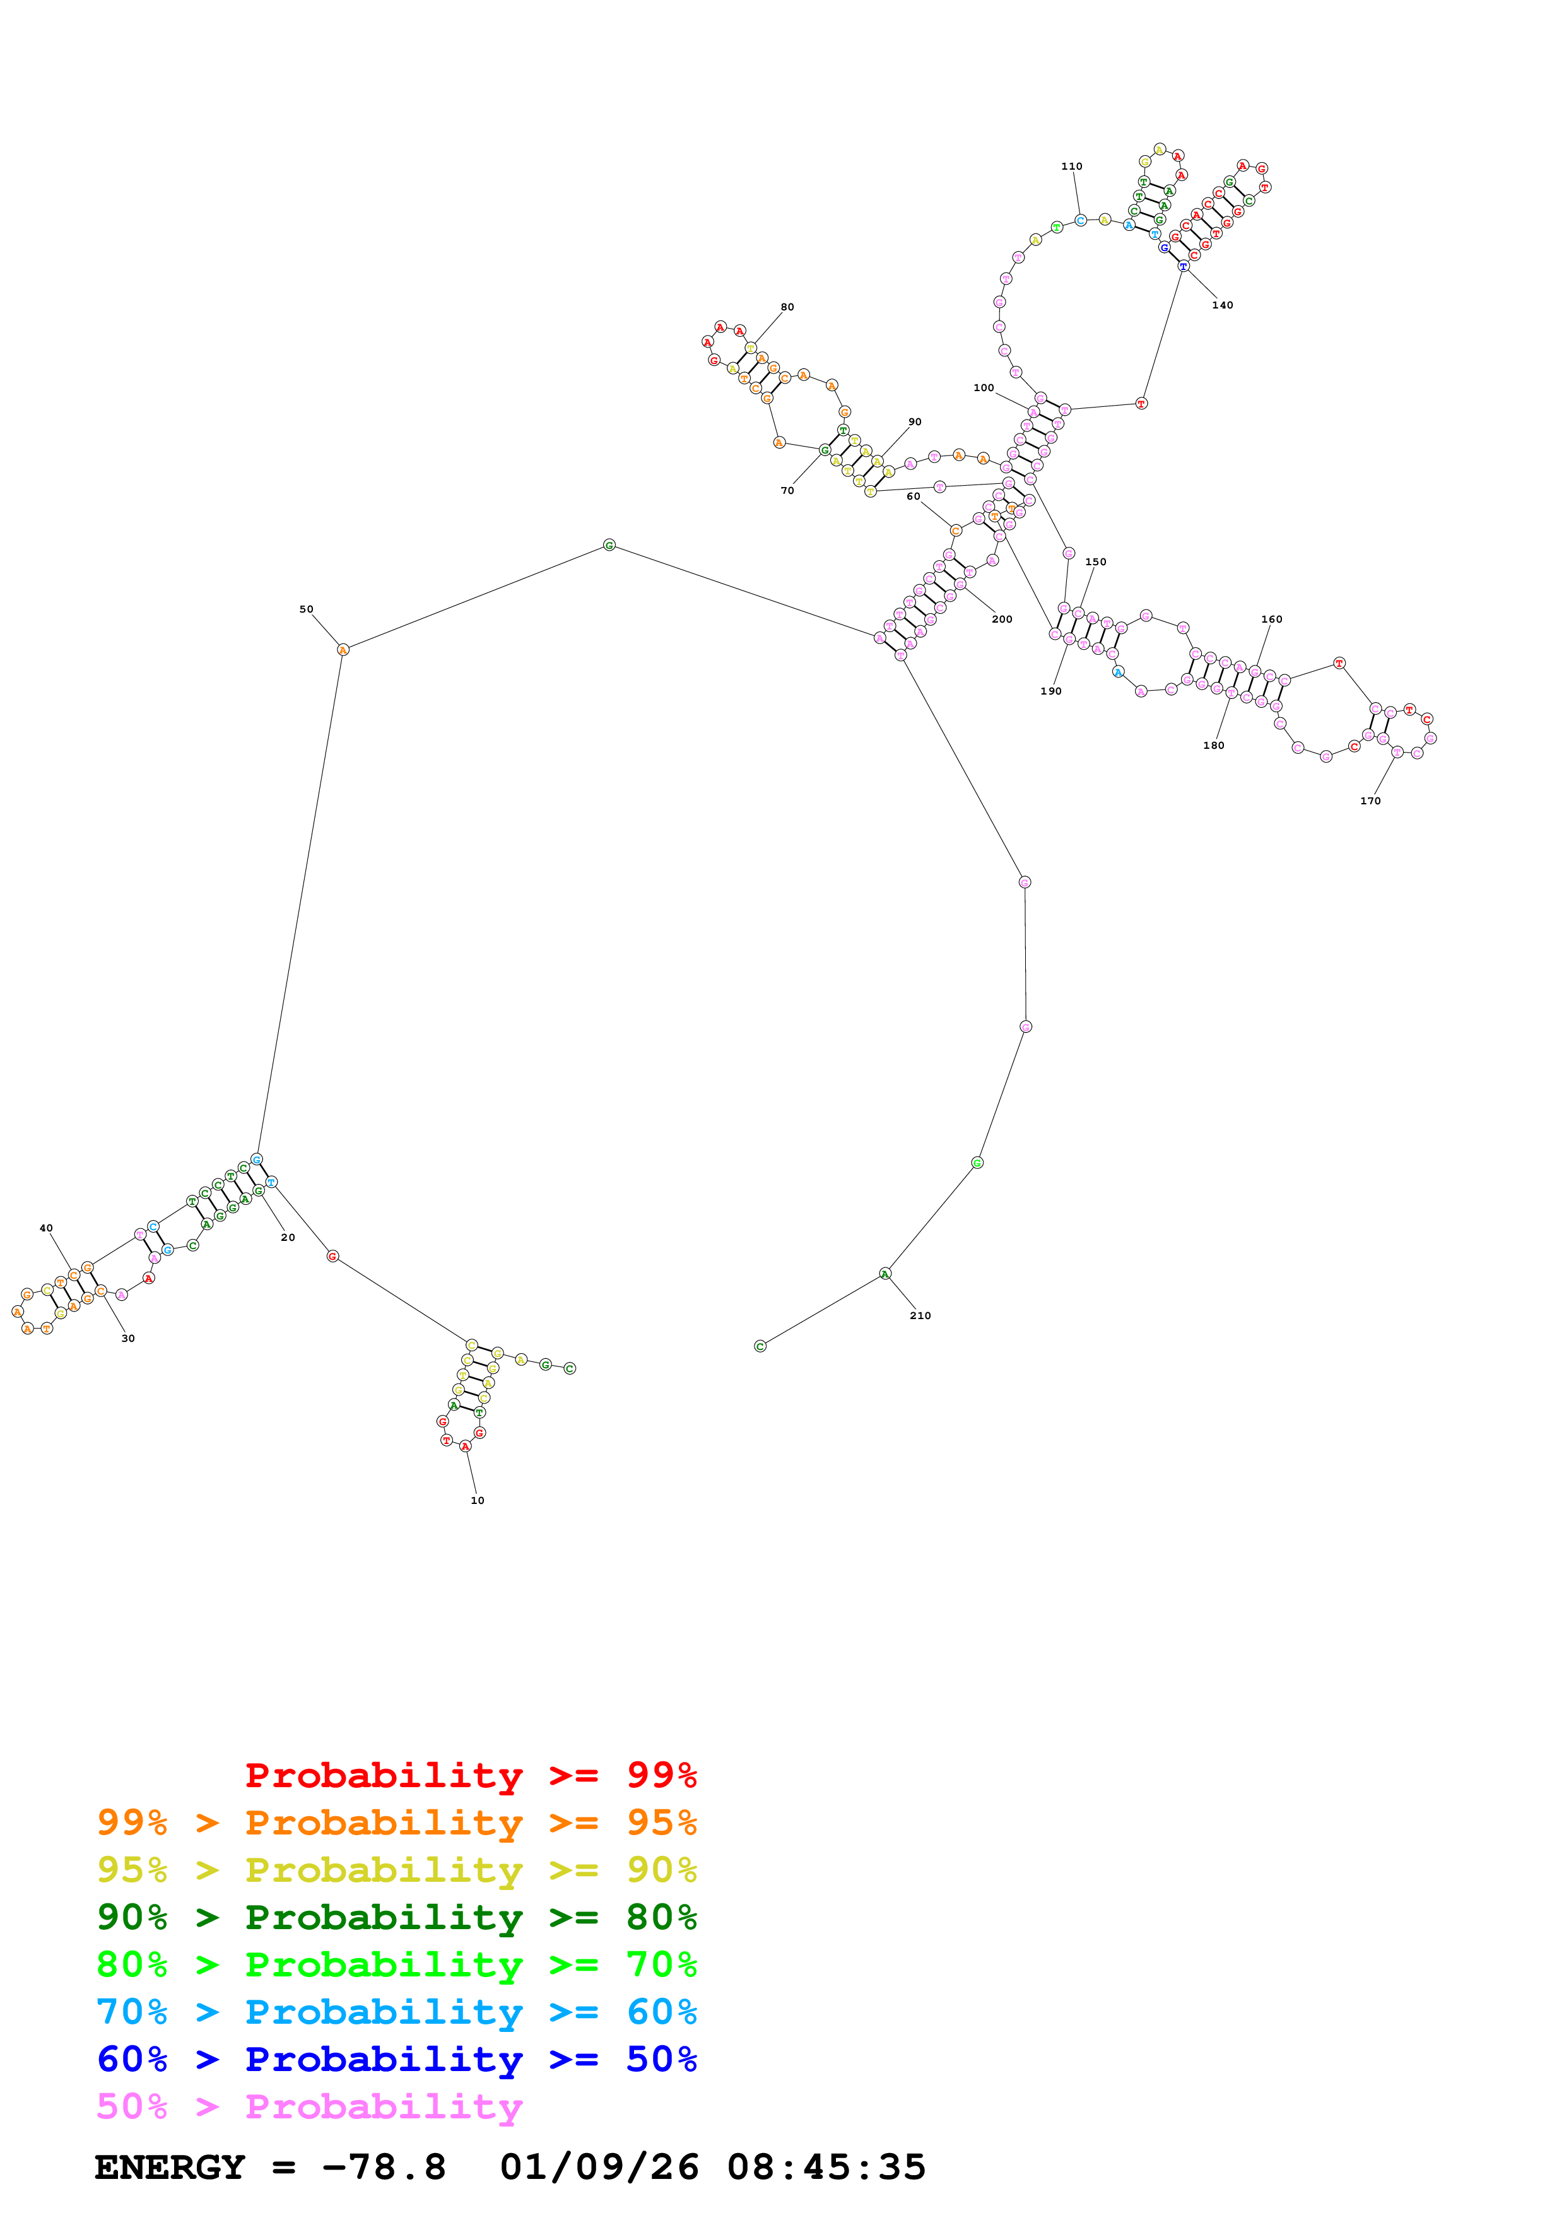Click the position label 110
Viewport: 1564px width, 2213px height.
[1071, 167]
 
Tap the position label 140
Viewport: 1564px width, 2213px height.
[1222, 305]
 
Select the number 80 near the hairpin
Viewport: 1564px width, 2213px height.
[787, 307]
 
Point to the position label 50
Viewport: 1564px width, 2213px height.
[307, 609]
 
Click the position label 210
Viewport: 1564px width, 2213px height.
[920, 1316]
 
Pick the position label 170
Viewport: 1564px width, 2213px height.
[1370, 801]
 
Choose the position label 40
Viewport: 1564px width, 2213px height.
[46, 1228]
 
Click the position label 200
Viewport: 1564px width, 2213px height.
[1002, 619]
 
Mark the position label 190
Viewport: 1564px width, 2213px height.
[1050, 691]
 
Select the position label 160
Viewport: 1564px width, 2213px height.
[1272, 619]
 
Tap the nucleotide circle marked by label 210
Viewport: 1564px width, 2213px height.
[886, 1274]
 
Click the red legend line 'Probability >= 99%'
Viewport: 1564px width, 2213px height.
[470, 1775]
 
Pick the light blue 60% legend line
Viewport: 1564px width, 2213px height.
[397, 2012]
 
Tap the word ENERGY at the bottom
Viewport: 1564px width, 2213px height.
[170, 2167]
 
